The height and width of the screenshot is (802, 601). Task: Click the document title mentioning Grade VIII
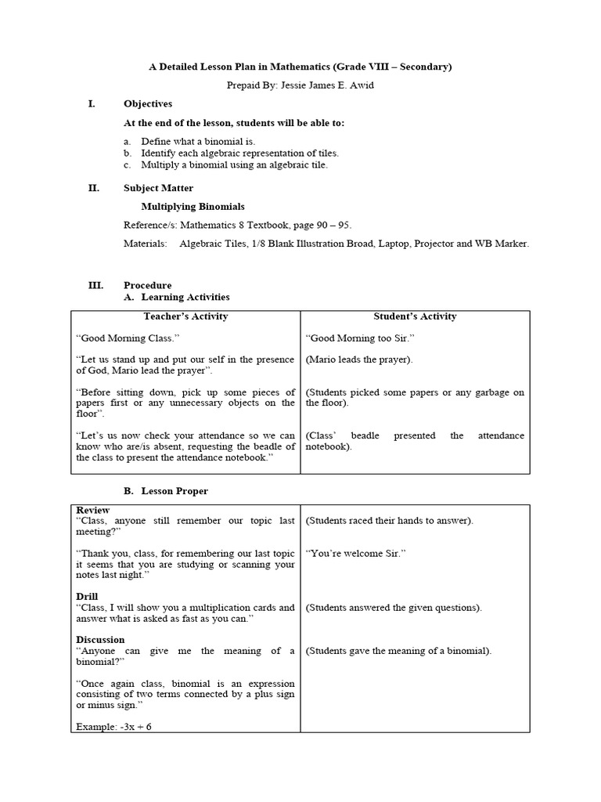[x=300, y=67]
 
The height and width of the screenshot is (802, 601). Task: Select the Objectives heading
[x=148, y=103]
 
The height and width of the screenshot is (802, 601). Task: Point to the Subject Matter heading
[x=158, y=188]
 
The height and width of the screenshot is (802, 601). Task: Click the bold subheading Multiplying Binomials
[x=193, y=207]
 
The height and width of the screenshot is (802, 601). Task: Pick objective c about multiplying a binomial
[x=234, y=165]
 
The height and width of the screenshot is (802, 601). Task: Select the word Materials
[x=145, y=244]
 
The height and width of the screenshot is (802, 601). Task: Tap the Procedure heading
[x=147, y=286]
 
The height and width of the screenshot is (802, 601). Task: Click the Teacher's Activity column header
[x=185, y=316]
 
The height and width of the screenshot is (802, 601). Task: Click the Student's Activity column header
[x=415, y=316]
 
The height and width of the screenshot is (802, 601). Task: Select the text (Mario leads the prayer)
[x=359, y=359]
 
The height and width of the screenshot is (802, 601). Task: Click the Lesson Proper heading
[x=175, y=491]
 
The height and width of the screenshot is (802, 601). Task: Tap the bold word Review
[x=93, y=510]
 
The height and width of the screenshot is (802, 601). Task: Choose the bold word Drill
[x=88, y=597]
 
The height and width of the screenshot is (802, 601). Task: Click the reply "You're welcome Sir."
[x=356, y=553]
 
